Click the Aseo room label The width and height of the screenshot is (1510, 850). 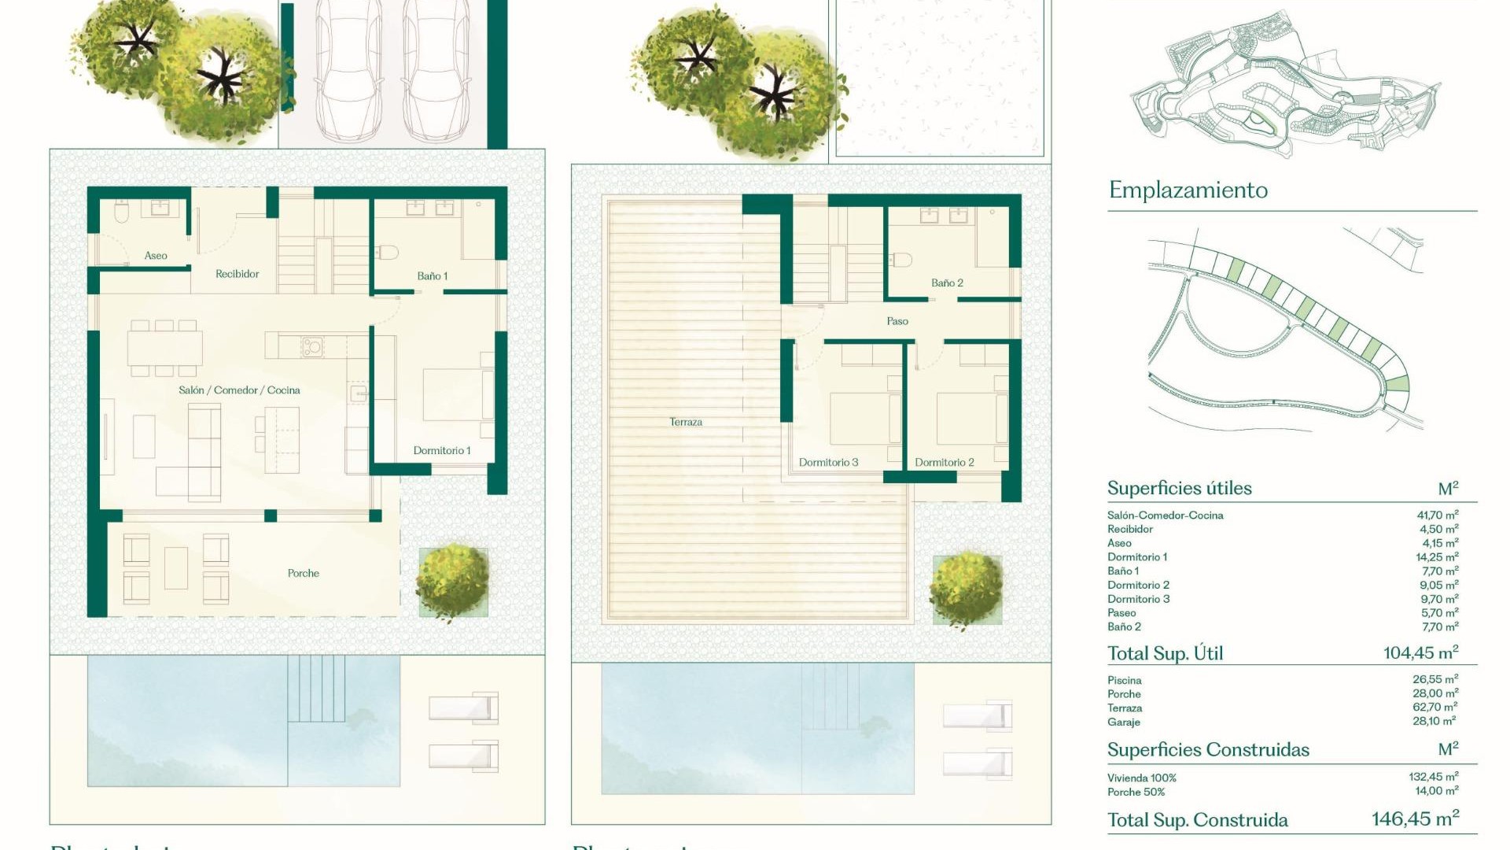(156, 256)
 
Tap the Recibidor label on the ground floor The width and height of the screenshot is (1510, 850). (237, 274)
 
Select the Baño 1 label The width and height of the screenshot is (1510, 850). (432, 276)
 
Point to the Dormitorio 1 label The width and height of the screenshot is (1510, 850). (442, 451)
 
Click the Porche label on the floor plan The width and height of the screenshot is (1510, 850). (303, 574)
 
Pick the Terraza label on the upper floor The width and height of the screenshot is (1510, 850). (686, 423)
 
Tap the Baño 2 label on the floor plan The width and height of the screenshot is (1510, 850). (947, 283)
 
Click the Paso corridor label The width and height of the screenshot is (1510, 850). (897, 322)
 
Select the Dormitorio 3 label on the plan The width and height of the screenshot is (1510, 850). (828, 463)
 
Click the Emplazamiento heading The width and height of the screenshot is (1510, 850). (1188, 190)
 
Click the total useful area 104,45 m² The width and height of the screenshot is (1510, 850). (1420, 653)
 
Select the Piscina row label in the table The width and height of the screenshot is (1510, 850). (1124, 681)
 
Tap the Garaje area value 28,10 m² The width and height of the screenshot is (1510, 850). (1434, 722)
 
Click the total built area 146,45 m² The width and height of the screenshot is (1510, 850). (1415, 819)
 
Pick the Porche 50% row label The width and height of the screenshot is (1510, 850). (1136, 793)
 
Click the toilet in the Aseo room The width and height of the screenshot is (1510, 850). (121, 213)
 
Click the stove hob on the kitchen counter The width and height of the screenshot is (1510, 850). (311, 346)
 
